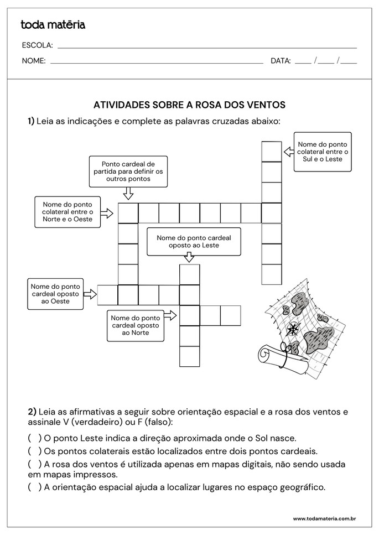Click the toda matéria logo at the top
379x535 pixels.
(53, 24)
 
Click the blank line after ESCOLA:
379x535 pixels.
(207, 48)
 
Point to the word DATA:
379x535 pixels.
(281, 61)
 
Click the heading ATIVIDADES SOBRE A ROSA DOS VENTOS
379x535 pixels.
(189, 104)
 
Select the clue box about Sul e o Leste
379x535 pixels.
(323, 152)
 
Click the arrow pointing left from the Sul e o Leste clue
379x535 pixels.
(288, 150)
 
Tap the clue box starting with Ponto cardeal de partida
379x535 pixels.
(128, 172)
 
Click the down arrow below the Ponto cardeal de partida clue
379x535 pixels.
(128, 193)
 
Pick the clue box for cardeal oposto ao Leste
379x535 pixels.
(194, 241)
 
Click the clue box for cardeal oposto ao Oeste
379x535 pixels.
(55, 294)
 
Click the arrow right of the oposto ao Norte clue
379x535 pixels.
(170, 315)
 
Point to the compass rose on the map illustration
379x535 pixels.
(293, 329)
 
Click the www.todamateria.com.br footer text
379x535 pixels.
(324, 519)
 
